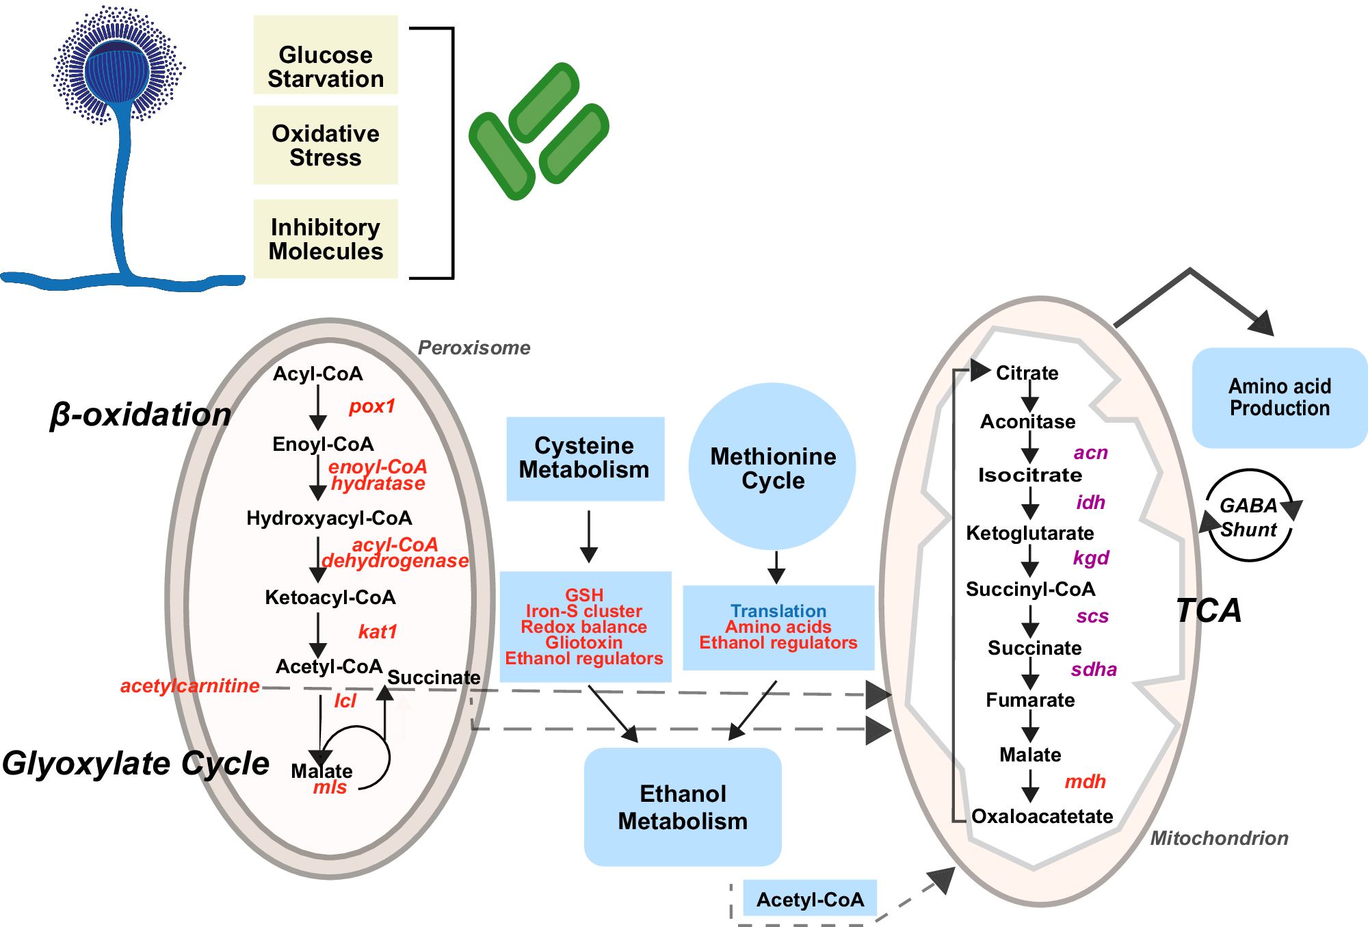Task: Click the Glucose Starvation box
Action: click(326, 55)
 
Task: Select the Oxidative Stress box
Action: click(326, 145)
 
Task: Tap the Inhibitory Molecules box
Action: click(326, 239)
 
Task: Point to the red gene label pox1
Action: click(372, 406)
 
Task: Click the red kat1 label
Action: click(378, 631)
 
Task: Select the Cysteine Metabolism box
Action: click(585, 458)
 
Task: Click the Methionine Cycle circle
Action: click(772, 467)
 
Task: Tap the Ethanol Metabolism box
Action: click(683, 807)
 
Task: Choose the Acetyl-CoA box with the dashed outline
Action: click(810, 900)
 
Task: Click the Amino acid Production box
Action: click(1279, 397)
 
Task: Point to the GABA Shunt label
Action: click(1248, 517)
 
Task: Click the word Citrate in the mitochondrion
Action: click(1027, 373)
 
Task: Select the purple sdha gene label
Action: click(1093, 670)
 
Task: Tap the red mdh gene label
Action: click(1085, 781)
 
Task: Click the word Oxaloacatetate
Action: click(1042, 816)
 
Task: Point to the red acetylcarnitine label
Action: click(189, 686)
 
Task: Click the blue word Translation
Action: click(778, 610)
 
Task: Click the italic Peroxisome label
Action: click(474, 348)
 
